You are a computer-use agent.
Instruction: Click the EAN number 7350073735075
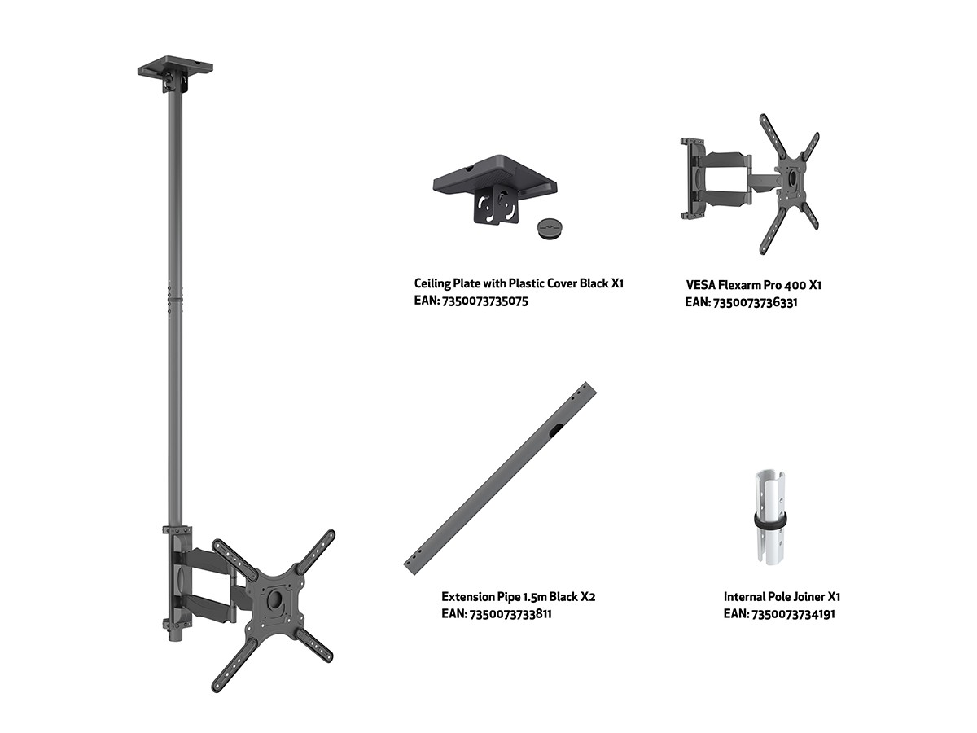[x=485, y=301]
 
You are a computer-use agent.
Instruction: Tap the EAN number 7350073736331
[x=756, y=303]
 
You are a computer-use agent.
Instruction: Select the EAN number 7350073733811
[x=510, y=614]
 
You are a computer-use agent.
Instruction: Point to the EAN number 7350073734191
[x=793, y=614]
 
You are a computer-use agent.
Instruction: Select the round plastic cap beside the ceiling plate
[x=551, y=228]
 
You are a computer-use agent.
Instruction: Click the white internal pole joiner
[x=769, y=518]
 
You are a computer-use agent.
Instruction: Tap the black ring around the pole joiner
[x=769, y=521]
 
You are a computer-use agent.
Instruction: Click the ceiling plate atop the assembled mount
[x=175, y=66]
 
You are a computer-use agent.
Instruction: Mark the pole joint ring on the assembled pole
[x=175, y=301]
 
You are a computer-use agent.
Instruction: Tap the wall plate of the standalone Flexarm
[x=693, y=179]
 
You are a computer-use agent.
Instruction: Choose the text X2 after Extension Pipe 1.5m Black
[x=588, y=596]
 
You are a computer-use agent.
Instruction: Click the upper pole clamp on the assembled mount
[x=177, y=530]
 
